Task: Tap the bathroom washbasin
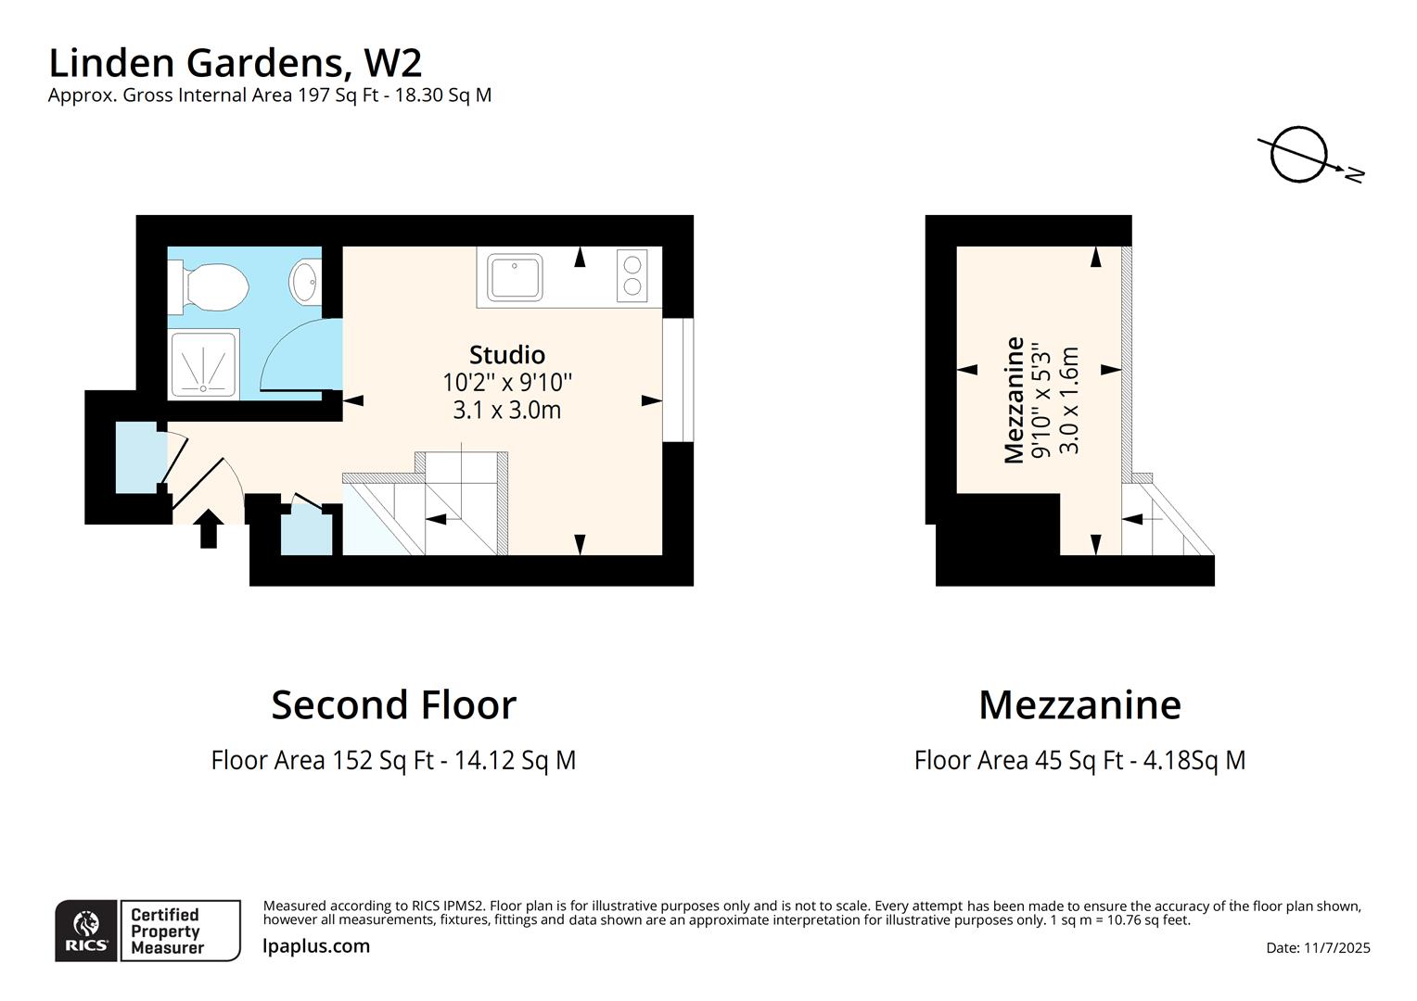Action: [x=304, y=281]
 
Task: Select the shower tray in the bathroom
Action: [x=202, y=364]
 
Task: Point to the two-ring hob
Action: [x=632, y=275]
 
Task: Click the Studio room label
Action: [x=506, y=355]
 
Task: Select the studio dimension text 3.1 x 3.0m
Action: [x=506, y=410]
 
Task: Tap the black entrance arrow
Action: [x=210, y=528]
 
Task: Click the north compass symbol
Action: [x=1302, y=156]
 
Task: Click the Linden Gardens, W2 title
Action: [x=235, y=63]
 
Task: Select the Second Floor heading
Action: [x=393, y=704]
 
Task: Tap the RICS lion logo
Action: [x=86, y=930]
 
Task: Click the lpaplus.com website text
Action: [x=316, y=946]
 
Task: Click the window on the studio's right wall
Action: [x=678, y=380]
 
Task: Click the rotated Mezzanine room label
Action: [x=1015, y=399]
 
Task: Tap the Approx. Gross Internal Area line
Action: [x=269, y=95]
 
